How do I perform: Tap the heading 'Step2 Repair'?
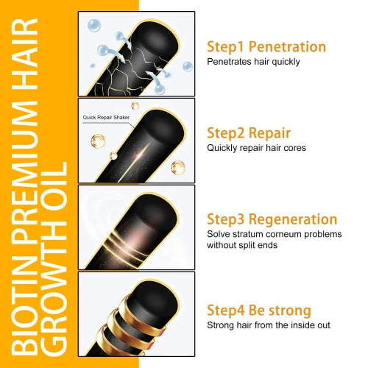[x=248, y=133]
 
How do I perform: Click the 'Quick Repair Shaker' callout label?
[x=105, y=116]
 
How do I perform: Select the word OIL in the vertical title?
[x=55, y=169]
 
